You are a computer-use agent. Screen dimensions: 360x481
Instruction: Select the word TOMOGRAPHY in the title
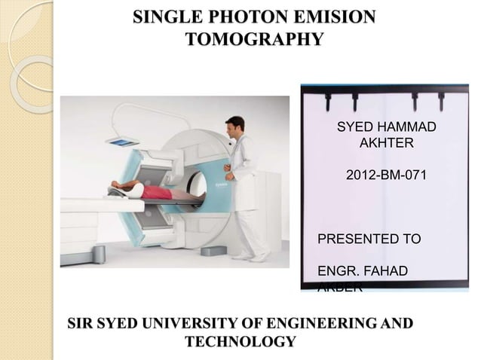254,38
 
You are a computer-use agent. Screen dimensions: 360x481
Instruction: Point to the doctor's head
235,125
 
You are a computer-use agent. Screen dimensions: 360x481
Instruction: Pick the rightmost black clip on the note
441,101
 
